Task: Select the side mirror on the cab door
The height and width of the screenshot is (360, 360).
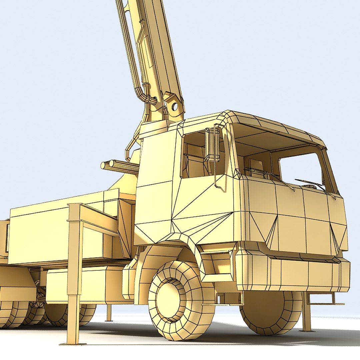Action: point(212,145)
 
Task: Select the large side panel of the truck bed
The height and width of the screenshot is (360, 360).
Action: point(50,233)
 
